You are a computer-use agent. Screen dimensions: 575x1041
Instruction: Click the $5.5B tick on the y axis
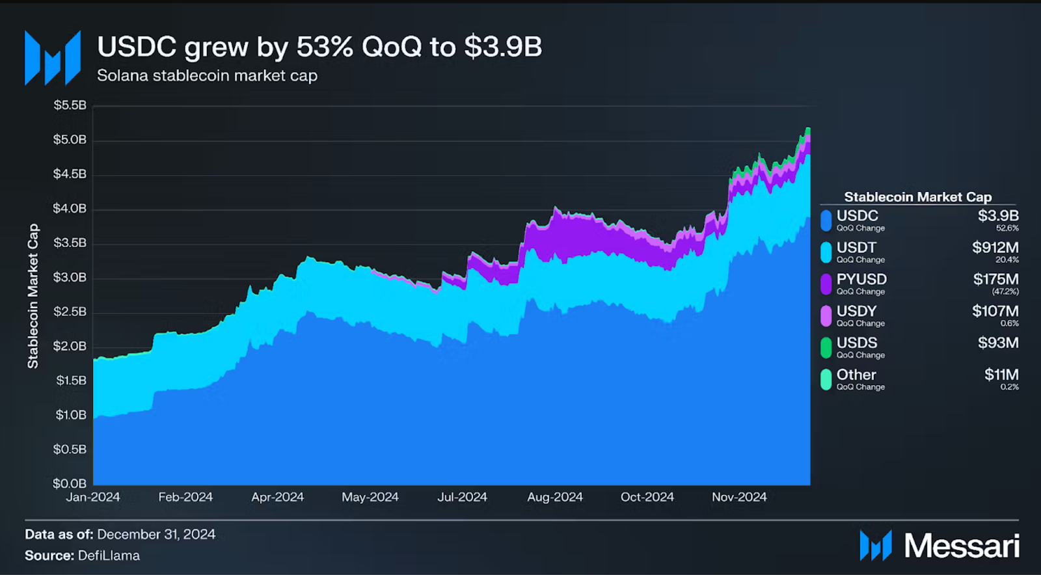tap(70, 105)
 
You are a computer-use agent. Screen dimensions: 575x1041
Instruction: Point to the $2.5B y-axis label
tap(70, 312)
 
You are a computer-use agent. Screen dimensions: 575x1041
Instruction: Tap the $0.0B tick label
tap(70, 483)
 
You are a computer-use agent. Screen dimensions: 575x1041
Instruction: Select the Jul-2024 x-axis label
tap(462, 497)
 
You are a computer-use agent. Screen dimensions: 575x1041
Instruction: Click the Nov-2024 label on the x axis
tap(739, 497)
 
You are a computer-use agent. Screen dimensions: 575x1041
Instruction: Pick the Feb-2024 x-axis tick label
tap(185, 497)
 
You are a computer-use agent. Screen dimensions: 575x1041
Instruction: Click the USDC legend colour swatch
tap(826, 221)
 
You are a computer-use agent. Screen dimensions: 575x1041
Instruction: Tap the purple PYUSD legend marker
tap(826, 284)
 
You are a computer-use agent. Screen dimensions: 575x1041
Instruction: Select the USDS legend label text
tap(857, 343)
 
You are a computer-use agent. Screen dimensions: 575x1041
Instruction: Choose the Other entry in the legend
tap(856, 375)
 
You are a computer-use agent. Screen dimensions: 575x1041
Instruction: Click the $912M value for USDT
tap(995, 247)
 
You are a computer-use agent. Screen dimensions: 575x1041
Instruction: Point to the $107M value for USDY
tap(995, 311)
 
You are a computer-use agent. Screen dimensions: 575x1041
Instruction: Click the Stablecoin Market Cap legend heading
tap(917, 197)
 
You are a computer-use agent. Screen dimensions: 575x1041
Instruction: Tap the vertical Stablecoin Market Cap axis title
tap(33, 296)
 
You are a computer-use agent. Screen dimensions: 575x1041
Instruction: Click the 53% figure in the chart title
tap(325, 47)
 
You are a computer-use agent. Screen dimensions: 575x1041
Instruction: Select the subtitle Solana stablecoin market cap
tap(207, 76)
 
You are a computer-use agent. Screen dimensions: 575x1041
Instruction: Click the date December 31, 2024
tap(156, 534)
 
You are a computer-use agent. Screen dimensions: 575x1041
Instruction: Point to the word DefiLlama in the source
tap(109, 555)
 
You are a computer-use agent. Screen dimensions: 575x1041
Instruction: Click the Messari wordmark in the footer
tap(962, 546)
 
